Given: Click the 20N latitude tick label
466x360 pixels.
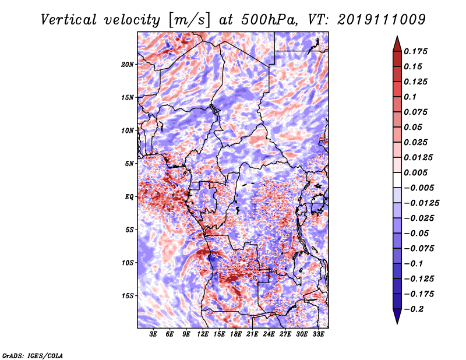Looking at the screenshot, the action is (127, 64).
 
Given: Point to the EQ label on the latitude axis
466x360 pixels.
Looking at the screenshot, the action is (129, 197).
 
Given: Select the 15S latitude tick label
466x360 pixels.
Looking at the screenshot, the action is (128, 296).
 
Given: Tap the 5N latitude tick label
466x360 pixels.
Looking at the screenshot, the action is (129, 164).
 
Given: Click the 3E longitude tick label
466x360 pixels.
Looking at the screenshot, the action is (153, 334).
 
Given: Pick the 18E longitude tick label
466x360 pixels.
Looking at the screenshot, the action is (236, 334).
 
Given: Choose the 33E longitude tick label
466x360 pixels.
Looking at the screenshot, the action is (318, 334).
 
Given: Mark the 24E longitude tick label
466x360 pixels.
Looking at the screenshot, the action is (269, 334).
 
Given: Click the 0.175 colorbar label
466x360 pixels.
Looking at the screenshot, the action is (415, 51).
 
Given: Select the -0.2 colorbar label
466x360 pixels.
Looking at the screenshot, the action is (414, 309).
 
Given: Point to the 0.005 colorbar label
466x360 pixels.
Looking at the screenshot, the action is (415, 172).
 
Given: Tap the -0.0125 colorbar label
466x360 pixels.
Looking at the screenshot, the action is (421, 203).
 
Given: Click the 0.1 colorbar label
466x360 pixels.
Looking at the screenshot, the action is (410, 97).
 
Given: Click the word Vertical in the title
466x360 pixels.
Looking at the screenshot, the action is (68, 20).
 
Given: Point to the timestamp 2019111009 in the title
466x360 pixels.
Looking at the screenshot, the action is (382, 20).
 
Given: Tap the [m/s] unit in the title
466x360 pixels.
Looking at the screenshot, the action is (189, 20).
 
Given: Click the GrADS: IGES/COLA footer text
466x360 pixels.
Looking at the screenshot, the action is (33, 355).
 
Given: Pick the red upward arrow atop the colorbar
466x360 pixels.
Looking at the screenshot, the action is (397, 44).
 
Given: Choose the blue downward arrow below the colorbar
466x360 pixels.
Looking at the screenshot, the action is (397, 316).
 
